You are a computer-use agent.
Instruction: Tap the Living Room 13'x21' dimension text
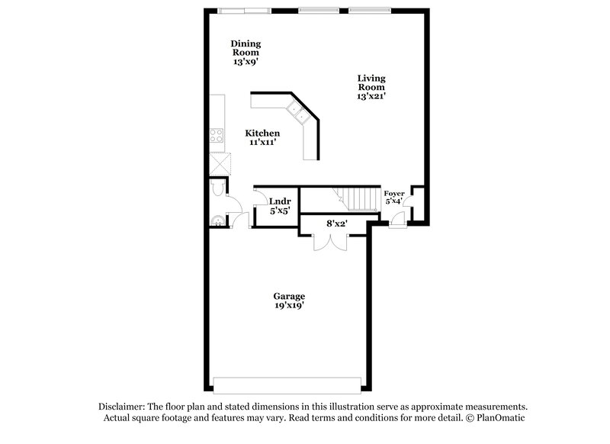(371, 97)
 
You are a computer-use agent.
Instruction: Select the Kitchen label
(257, 134)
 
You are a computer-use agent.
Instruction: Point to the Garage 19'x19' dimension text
(289, 305)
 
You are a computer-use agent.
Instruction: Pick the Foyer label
(393, 194)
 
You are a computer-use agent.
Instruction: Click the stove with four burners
(217, 138)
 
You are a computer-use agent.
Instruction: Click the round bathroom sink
(219, 221)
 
